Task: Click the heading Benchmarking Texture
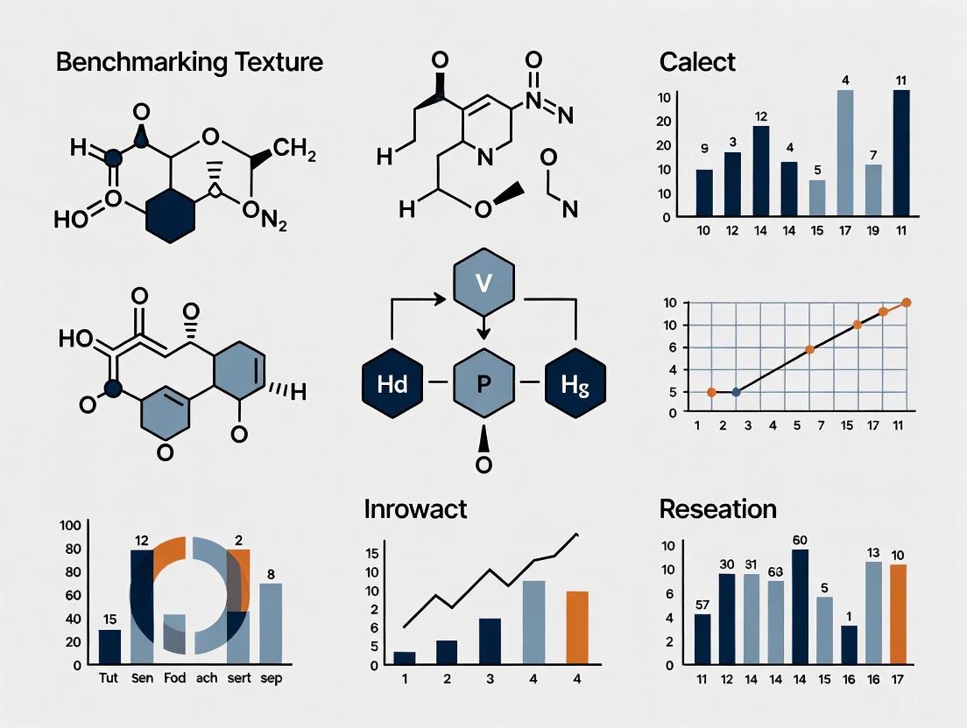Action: (189, 63)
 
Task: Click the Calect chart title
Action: (697, 63)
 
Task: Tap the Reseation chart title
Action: (717, 508)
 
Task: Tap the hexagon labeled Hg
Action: (574, 383)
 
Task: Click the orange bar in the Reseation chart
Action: (898, 614)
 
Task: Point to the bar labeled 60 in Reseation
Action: (800, 606)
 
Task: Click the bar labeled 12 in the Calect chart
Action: (760, 171)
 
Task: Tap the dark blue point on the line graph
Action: (736, 392)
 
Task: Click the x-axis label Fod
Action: (175, 679)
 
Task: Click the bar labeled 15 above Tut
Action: (109, 647)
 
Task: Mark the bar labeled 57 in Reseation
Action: (702, 639)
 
